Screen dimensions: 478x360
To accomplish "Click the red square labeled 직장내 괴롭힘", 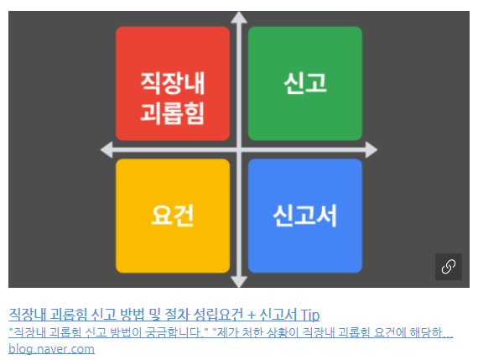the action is pyautogui.click(x=173, y=84).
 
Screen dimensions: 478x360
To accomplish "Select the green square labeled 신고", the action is pyautogui.click(x=305, y=84).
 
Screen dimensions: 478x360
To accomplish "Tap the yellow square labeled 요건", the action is pyautogui.click(x=173, y=216).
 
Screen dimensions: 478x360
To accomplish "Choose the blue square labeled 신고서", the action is pyautogui.click(x=305, y=216).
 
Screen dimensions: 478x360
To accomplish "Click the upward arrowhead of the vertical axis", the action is pyautogui.click(x=239, y=17).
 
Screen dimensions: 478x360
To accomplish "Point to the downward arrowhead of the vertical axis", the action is pyautogui.click(x=239, y=282).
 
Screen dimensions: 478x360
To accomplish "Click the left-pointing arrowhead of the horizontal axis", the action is pyautogui.click(x=107, y=150).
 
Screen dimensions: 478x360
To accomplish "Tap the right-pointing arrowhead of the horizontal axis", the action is pyautogui.click(x=371, y=150).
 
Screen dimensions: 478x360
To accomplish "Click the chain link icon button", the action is pyautogui.click(x=449, y=267).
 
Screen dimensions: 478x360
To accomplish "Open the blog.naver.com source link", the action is pyautogui.click(x=51, y=349).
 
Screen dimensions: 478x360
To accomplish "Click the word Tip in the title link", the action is pyautogui.click(x=310, y=315).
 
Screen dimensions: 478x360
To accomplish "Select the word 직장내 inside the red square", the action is pyautogui.click(x=173, y=83).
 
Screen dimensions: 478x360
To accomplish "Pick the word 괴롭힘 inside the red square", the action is pyautogui.click(x=172, y=113).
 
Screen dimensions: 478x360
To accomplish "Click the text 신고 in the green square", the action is pyautogui.click(x=305, y=83).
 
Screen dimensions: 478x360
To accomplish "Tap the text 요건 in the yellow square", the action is pyautogui.click(x=173, y=216).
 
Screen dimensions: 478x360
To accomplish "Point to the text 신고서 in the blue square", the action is pyautogui.click(x=305, y=216).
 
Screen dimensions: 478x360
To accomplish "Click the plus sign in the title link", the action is pyautogui.click(x=252, y=315).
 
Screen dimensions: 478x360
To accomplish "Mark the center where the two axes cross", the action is pyautogui.click(x=239, y=150).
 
